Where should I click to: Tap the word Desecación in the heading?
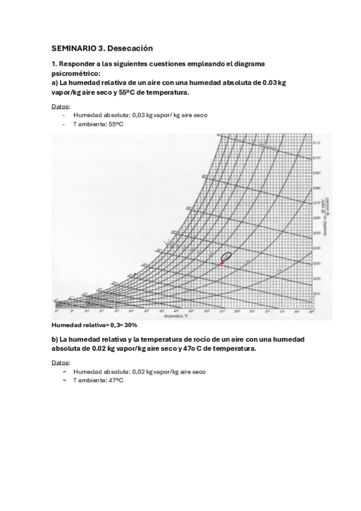pos(131,48)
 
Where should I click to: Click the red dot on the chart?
pos(222,263)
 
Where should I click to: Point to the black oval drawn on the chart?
pos(226,257)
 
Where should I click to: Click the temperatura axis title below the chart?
pos(177,316)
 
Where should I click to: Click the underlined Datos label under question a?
pos(61,106)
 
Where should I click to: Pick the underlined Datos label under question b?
pos(61,363)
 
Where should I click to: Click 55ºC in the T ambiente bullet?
pos(116,124)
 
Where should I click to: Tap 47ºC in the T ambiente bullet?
pos(116,381)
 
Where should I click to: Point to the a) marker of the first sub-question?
pos(55,83)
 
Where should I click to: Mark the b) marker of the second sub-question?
pos(55,339)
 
